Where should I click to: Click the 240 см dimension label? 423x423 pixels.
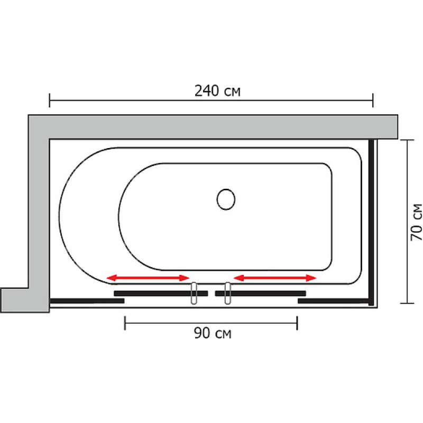(217, 91)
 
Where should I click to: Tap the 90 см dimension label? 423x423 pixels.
(213, 333)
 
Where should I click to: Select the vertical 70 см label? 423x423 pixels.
(416, 222)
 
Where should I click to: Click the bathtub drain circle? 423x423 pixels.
(226, 199)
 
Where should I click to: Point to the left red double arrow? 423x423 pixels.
(148, 278)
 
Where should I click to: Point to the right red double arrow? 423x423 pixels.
(275, 278)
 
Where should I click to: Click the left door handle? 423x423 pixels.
(194, 293)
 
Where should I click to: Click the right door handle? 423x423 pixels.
(228, 293)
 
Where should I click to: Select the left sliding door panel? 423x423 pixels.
(161, 293)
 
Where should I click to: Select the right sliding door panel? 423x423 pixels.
(260, 293)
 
